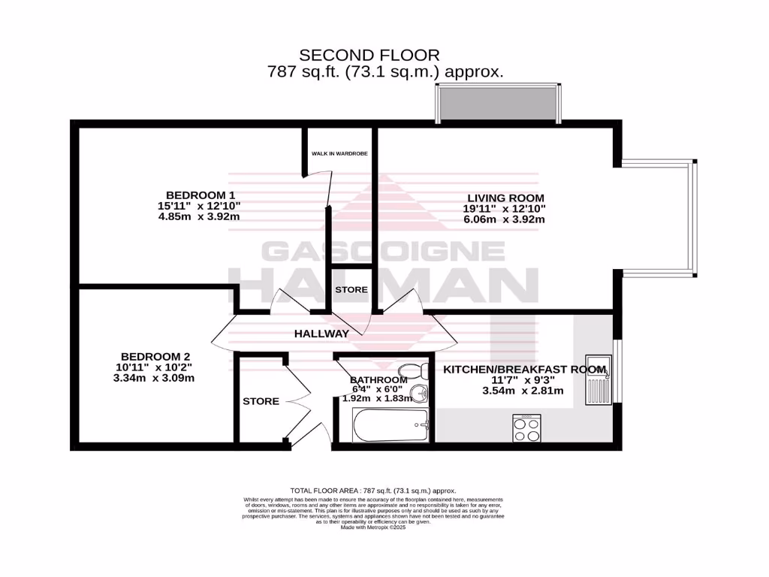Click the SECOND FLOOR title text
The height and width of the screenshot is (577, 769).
point(369,55)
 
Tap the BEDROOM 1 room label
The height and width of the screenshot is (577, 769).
point(201,195)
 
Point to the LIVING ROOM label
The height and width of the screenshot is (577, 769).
point(505,198)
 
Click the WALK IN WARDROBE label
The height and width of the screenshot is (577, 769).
point(339,154)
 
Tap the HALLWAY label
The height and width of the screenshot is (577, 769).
point(321,334)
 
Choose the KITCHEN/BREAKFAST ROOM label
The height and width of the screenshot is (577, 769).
point(523,369)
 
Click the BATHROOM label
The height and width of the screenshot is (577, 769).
point(378,380)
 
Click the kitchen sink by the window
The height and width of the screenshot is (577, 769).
point(599,383)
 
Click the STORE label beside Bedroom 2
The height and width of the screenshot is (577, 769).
point(261,401)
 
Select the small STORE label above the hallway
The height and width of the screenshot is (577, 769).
point(351,289)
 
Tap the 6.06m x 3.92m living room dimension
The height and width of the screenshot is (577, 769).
point(504,219)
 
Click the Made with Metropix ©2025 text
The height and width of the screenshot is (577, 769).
point(373,527)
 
